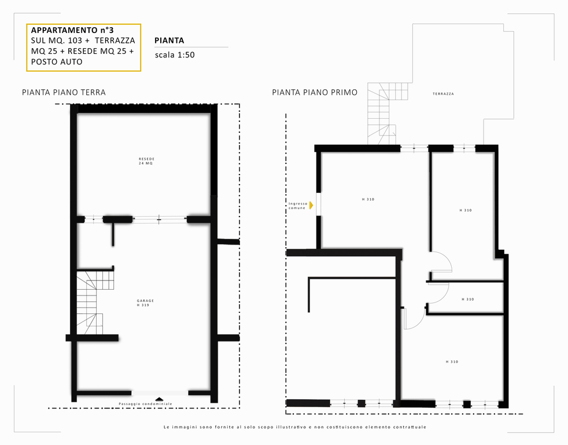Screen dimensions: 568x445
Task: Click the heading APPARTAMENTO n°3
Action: click(x=72, y=30)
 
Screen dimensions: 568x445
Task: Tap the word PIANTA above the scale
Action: click(x=169, y=41)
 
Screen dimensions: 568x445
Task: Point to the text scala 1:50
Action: click(x=175, y=55)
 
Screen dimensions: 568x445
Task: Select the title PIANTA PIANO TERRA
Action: click(x=64, y=92)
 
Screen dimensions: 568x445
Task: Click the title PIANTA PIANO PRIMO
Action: click(x=315, y=92)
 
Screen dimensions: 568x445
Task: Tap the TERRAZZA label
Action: click(x=444, y=94)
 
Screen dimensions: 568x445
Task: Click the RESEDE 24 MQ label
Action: click(x=146, y=161)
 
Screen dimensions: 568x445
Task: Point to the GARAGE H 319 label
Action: click(x=145, y=302)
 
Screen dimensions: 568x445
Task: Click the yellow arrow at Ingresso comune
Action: click(x=311, y=205)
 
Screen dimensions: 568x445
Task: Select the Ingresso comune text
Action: click(x=298, y=206)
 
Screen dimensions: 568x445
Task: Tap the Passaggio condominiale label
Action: click(x=146, y=404)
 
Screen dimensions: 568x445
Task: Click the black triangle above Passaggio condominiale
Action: click(x=159, y=399)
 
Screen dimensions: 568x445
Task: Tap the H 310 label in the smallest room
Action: click(x=468, y=299)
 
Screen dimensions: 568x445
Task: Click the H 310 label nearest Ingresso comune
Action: click(x=368, y=199)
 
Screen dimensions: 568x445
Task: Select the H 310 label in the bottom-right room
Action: click(x=452, y=362)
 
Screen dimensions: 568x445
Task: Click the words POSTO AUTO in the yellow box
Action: click(x=57, y=61)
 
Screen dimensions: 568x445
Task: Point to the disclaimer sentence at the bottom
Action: click(x=295, y=427)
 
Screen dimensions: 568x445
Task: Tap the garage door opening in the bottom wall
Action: click(x=160, y=393)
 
